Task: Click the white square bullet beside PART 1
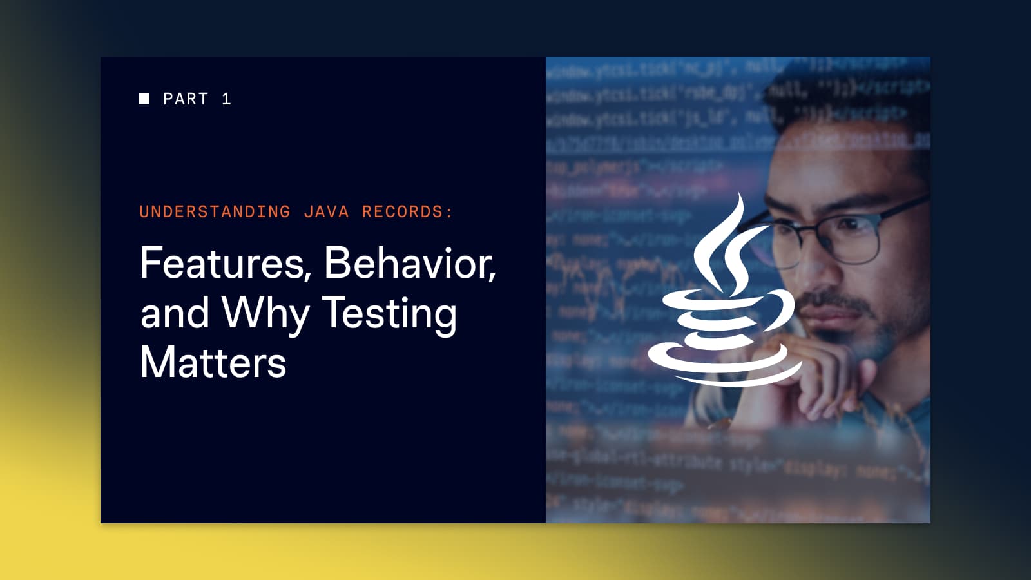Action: (x=144, y=99)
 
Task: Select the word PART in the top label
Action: (x=186, y=99)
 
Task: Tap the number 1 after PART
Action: (x=226, y=99)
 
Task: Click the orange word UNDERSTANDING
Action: (x=215, y=212)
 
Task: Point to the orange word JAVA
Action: (x=326, y=212)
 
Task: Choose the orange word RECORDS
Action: (x=403, y=212)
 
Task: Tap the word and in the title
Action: (x=175, y=313)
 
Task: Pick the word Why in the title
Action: (x=265, y=314)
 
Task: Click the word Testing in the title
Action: (x=389, y=314)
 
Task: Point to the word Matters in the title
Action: (x=213, y=363)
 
